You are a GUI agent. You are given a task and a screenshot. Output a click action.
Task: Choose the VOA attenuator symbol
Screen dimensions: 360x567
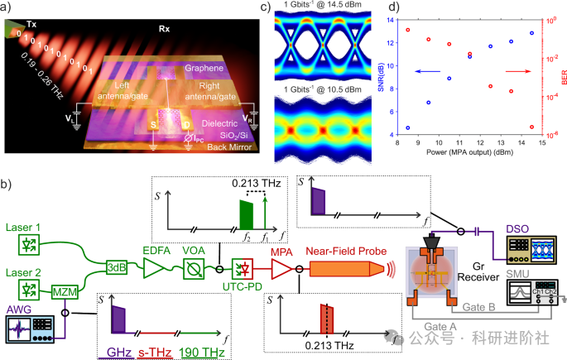194,266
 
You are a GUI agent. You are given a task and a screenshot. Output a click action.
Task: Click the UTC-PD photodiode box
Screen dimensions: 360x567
245,268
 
